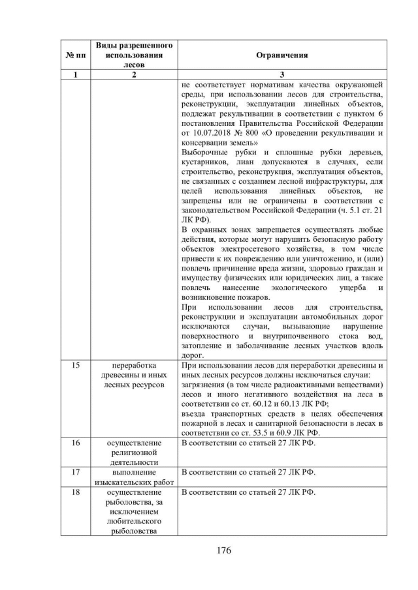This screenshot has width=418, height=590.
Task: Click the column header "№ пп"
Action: coord(75,56)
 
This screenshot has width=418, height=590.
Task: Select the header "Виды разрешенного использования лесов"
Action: coord(134,56)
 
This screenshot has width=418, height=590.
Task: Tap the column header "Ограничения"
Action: coord(281,56)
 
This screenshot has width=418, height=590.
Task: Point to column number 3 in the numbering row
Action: coord(281,74)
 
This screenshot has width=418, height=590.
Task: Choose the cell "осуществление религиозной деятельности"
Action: coord(134,452)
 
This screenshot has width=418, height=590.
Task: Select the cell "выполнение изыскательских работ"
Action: coord(134,476)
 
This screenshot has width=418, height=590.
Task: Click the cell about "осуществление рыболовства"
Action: coord(134,511)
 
